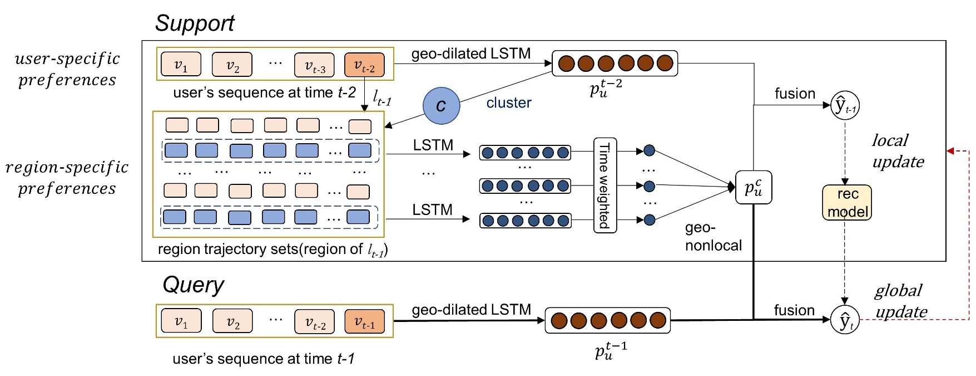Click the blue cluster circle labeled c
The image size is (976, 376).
[441, 105]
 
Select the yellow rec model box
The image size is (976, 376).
[847, 203]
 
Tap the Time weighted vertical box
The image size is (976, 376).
[605, 185]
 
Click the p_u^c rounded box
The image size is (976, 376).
[754, 187]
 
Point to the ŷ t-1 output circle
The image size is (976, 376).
[844, 106]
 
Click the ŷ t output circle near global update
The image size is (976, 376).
[844, 321]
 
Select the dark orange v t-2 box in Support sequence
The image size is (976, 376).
[364, 65]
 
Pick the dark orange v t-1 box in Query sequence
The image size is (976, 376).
[365, 321]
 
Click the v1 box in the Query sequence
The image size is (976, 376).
[181, 321]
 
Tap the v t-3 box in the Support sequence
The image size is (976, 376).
[314, 65]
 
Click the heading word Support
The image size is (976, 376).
[195, 23]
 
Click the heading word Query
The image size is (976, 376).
[193, 285]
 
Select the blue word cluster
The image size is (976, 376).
[508, 103]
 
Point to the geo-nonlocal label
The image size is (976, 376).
[713, 237]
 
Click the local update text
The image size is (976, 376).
[898, 151]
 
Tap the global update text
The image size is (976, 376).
[900, 301]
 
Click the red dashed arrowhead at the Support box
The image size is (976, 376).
[950, 151]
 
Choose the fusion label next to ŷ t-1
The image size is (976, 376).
[795, 94]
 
